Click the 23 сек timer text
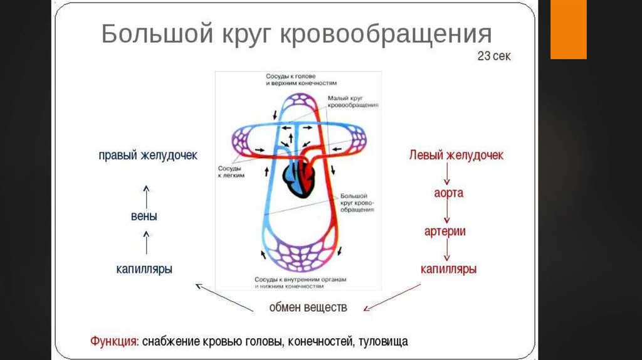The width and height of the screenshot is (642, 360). (494, 56)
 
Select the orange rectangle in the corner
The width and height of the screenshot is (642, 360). (568, 29)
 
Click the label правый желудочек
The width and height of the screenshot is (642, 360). (148, 155)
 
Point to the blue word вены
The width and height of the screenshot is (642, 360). (145, 217)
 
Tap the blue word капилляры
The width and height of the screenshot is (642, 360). (144, 269)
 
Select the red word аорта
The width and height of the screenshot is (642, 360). (448, 193)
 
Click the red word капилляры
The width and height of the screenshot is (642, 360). (448, 269)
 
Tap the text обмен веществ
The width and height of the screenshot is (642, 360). (308, 307)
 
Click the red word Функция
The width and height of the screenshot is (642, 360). (114, 342)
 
